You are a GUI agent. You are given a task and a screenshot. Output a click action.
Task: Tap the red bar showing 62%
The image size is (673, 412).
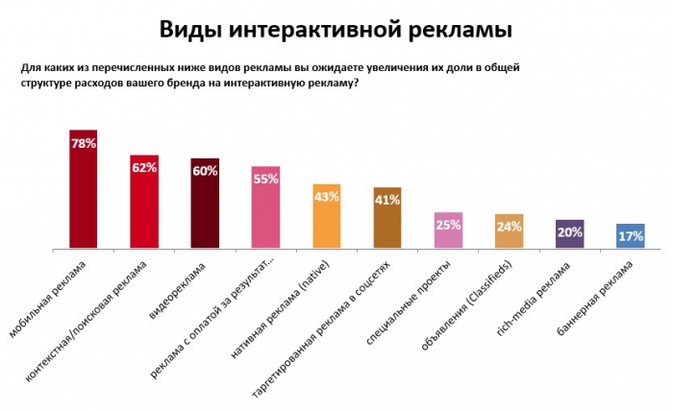144,202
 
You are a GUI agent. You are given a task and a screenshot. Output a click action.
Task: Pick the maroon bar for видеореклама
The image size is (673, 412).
205,204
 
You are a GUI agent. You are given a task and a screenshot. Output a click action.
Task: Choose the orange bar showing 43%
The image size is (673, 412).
327,217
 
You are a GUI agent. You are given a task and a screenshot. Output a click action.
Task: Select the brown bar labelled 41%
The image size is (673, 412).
387,219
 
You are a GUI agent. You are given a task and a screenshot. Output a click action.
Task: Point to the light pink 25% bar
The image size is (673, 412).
448,231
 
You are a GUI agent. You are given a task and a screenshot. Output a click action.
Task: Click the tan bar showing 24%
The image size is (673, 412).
509,232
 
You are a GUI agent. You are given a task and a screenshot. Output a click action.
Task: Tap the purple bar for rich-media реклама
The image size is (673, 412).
570,235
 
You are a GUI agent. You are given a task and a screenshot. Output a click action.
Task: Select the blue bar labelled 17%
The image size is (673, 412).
631,237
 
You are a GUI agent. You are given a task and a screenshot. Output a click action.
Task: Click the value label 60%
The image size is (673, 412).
205,171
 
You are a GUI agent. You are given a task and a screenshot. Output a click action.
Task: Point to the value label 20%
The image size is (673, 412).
570,232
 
